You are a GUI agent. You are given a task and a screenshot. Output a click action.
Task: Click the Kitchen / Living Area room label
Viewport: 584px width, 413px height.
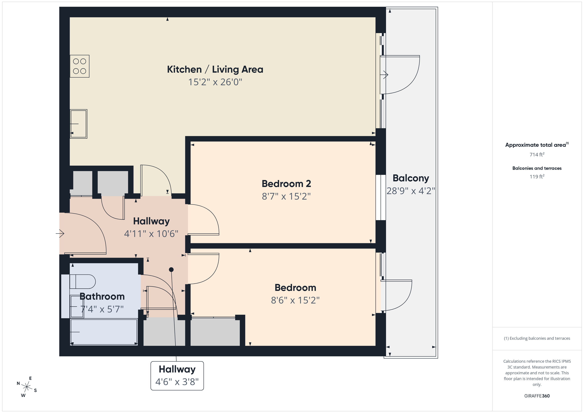click(215, 69)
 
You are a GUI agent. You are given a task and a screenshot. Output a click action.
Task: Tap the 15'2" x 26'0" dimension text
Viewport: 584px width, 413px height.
click(215, 82)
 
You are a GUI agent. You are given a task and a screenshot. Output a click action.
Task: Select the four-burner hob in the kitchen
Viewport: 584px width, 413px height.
click(80, 66)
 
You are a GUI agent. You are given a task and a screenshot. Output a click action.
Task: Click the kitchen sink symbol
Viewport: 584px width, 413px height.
click(79, 124)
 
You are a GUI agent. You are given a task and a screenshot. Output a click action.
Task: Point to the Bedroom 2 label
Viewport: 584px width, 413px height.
click(286, 184)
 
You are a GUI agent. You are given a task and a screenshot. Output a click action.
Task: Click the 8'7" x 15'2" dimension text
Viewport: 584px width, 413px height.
click(286, 196)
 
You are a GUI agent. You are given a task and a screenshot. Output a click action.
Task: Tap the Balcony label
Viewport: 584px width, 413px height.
click(411, 178)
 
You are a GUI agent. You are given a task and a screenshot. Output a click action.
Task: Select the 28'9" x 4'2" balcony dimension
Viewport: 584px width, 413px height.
click(411, 191)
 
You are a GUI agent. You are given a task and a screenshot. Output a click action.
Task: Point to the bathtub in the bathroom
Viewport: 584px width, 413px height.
click(104, 332)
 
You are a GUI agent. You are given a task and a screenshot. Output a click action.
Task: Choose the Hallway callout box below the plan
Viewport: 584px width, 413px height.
click(177, 376)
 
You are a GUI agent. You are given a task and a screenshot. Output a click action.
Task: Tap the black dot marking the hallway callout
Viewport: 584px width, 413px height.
click(171, 270)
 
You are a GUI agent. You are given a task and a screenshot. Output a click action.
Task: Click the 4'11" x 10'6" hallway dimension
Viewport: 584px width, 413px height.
click(151, 234)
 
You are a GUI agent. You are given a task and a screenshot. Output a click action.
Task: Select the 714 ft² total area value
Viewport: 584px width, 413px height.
click(537, 154)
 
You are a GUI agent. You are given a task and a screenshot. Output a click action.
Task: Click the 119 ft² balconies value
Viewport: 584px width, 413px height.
click(537, 177)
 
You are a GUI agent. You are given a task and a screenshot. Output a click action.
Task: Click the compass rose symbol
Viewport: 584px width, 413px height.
click(27, 387)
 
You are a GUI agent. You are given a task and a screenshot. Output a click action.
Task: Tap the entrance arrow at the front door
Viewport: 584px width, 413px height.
click(60, 233)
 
